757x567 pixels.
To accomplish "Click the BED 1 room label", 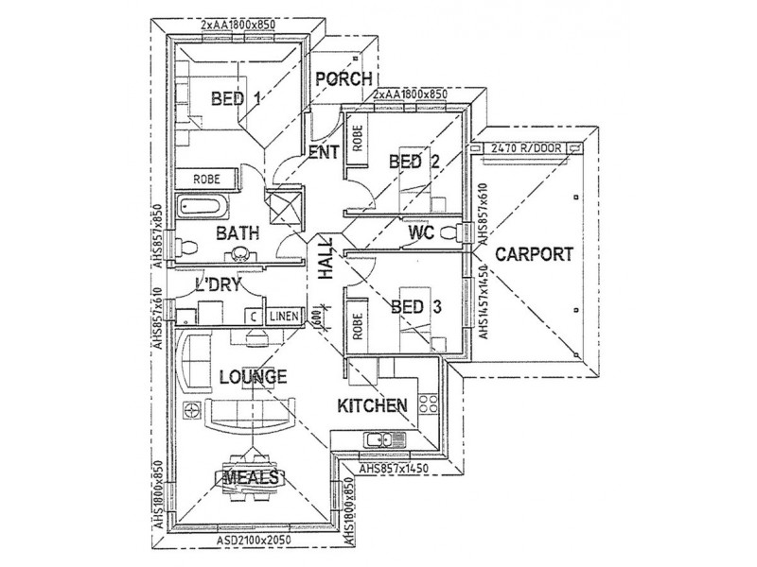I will pyautogui.click(x=236, y=98).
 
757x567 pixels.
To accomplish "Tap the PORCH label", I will pyautogui.click(x=343, y=79).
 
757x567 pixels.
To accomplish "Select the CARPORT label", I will pyautogui.click(x=535, y=253).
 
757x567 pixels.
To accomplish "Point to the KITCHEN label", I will pyautogui.click(x=373, y=405).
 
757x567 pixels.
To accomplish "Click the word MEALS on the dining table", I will pyautogui.click(x=252, y=477).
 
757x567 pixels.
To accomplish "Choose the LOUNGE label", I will pyautogui.click(x=253, y=377).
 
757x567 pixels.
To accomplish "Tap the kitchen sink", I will pyautogui.click(x=383, y=438).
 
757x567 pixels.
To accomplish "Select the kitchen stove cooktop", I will pyautogui.click(x=427, y=404).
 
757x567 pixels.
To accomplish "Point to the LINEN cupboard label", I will pyautogui.click(x=283, y=317).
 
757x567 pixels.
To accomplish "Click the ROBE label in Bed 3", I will pyautogui.click(x=357, y=326).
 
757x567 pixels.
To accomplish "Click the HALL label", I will pyautogui.click(x=326, y=259).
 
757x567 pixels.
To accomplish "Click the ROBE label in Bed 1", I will pyautogui.click(x=207, y=178).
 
